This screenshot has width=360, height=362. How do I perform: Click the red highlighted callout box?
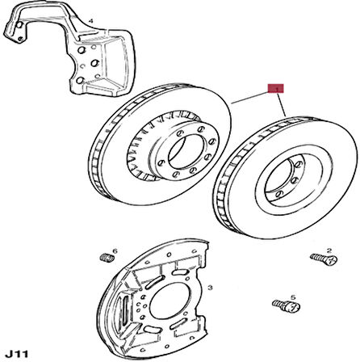point(275,88)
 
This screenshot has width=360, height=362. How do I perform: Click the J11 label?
point(18,353)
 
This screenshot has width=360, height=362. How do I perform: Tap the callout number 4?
point(91,21)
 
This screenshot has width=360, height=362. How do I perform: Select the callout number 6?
point(115,251)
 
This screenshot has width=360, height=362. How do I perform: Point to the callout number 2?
point(329,250)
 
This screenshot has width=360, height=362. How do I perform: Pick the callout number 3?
point(210,288)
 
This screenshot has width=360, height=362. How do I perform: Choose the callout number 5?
point(293,297)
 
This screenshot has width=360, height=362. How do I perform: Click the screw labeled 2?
point(324,259)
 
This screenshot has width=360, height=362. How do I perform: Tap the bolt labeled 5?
point(287,305)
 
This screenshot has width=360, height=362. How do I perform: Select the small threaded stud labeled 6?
point(107,258)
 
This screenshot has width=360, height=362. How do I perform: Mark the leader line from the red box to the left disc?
point(250,98)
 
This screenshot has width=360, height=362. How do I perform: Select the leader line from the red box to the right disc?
point(281,104)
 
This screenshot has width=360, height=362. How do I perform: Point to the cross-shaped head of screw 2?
point(333,260)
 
